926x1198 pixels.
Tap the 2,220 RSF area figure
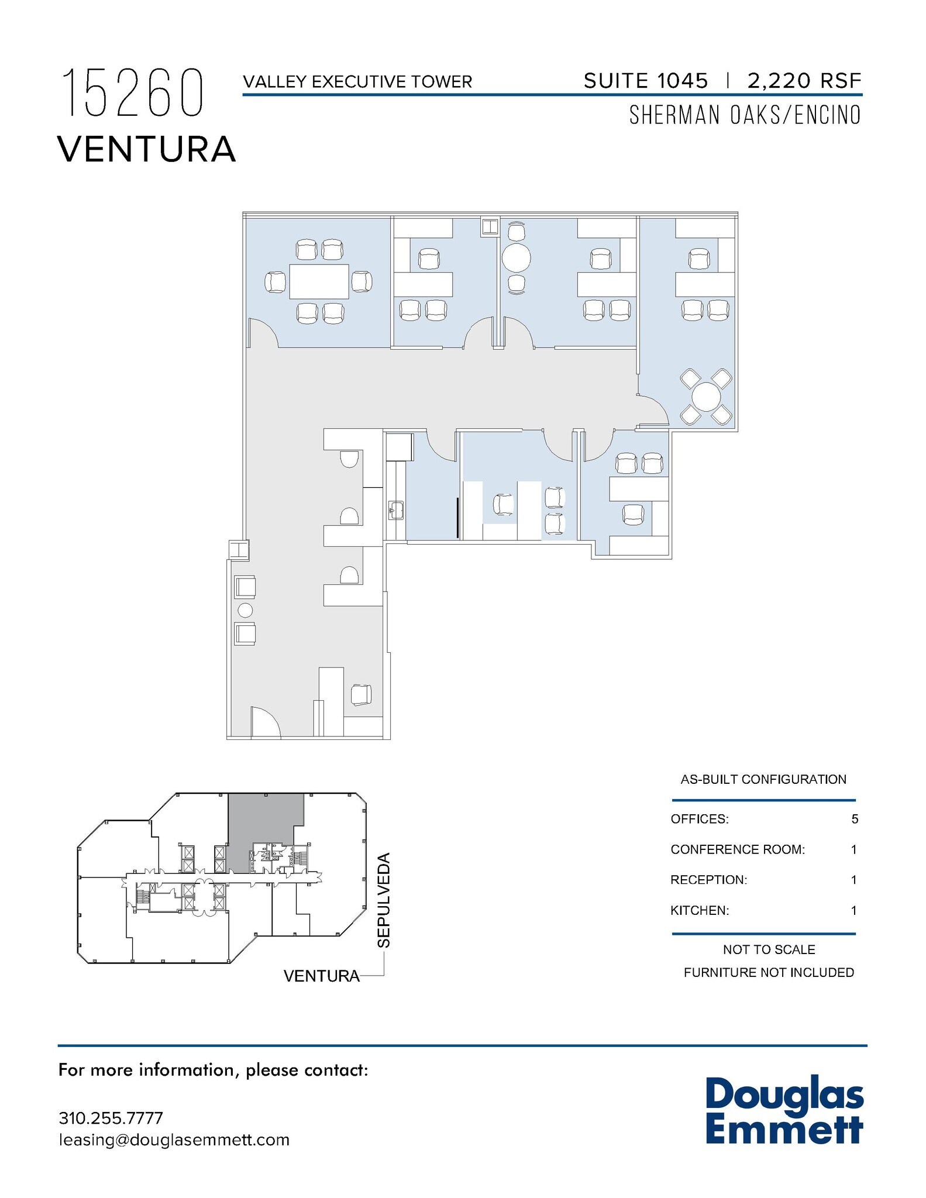point(804,81)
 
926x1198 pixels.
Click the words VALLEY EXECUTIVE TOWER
point(357,81)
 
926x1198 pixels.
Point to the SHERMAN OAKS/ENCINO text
point(745,115)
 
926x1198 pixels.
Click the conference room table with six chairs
point(319,281)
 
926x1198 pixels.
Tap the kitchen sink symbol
point(396,510)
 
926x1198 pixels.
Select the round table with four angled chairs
point(706,397)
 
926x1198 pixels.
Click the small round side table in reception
point(245,611)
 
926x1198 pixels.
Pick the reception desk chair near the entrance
point(361,694)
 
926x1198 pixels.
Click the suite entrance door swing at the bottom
point(266,721)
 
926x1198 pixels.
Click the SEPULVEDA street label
point(383,900)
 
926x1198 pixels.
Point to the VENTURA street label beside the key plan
point(322,976)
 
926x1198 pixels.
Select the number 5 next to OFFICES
point(855,819)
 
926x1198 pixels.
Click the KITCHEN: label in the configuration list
point(700,910)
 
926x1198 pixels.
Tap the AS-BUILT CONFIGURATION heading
point(763,779)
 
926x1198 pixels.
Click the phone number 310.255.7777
point(111,1118)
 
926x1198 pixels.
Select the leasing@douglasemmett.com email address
point(174,1140)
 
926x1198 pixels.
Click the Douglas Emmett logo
point(784,1111)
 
